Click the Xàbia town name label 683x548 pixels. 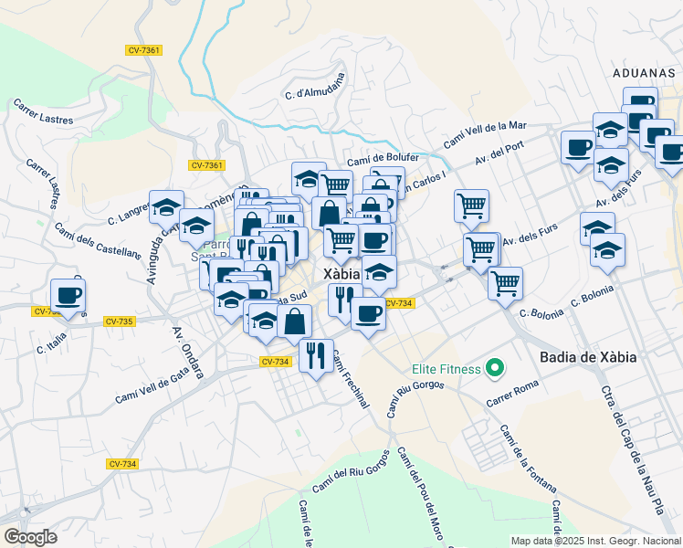coord(341,274)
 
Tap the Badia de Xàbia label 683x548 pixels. coord(587,357)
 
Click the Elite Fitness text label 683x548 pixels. coord(445,369)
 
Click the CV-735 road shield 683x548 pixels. coord(120,321)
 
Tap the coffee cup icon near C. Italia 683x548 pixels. coord(68,296)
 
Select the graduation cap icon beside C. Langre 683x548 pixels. coord(166,208)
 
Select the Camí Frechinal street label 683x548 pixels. coord(349,379)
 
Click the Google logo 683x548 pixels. coord(30,536)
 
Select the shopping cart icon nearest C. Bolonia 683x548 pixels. coord(504,283)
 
